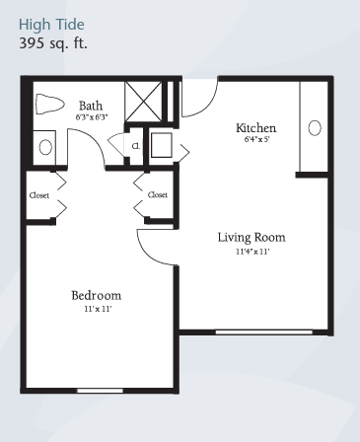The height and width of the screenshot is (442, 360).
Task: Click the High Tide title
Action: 51,25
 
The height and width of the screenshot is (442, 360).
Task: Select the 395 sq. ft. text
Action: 53,43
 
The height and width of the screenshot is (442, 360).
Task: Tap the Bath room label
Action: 91,106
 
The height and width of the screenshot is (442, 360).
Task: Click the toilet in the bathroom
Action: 49,104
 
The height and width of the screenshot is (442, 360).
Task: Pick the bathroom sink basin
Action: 45,147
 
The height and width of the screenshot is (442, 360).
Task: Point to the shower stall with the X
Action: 144,102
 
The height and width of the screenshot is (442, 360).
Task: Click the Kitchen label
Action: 256,128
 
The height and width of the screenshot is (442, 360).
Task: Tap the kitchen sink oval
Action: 315,128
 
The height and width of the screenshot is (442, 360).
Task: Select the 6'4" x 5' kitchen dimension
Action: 256,139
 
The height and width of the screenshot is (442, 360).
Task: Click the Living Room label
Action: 252,238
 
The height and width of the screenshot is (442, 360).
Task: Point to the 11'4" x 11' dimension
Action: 252,252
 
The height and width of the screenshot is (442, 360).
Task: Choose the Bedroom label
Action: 97,295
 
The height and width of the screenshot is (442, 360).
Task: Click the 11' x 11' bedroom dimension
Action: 98,309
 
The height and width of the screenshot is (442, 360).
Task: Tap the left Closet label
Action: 39,195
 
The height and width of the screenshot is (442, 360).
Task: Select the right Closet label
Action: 158,195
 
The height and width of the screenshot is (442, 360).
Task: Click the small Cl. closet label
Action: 136,146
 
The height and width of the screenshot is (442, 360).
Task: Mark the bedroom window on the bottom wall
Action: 101,391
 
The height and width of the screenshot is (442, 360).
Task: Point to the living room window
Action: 263,332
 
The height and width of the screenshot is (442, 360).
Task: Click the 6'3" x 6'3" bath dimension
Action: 92,117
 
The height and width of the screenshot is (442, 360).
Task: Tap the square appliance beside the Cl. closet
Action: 162,145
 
